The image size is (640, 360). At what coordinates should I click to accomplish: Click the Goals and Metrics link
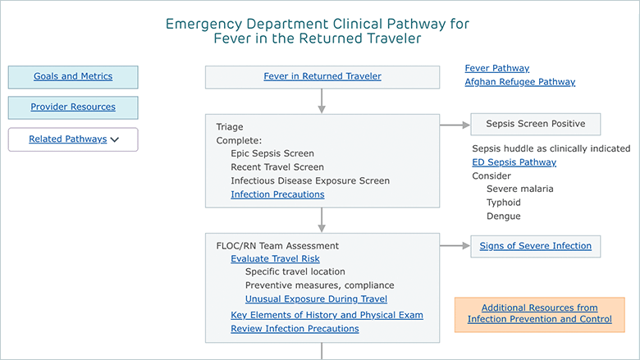[73, 76]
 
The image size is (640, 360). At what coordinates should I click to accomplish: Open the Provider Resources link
[73, 107]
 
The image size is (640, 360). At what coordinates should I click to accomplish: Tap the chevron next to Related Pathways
[115, 139]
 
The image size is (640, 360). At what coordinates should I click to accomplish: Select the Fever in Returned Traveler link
[322, 76]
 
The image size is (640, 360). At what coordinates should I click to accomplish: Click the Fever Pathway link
[497, 68]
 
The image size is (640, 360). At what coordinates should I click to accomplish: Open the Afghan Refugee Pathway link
[520, 82]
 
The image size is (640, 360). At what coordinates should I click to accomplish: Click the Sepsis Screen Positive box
[536, 124]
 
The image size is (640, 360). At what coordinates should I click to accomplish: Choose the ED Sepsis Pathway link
[514, 162]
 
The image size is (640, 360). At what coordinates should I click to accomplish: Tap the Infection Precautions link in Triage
[277, 194]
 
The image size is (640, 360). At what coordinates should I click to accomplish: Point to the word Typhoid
[504, 203]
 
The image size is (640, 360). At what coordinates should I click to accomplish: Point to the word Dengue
[504, 216]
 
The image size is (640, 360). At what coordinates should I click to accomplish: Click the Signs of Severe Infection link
[536, 246]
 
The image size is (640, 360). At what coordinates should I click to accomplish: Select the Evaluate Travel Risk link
[275, 259]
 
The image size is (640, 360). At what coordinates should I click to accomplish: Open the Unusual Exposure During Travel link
[317, 298]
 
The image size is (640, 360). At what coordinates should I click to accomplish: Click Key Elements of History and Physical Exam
[327, 315]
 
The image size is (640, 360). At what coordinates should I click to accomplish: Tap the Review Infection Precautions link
[295, 329]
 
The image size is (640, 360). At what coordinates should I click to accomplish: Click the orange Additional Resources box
[540, 314]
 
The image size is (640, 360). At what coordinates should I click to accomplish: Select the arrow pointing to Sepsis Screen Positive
[455, 125]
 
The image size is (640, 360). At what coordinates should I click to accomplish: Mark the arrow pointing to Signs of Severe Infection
[455, 245]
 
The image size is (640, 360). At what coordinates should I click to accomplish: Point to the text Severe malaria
[520, 189]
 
